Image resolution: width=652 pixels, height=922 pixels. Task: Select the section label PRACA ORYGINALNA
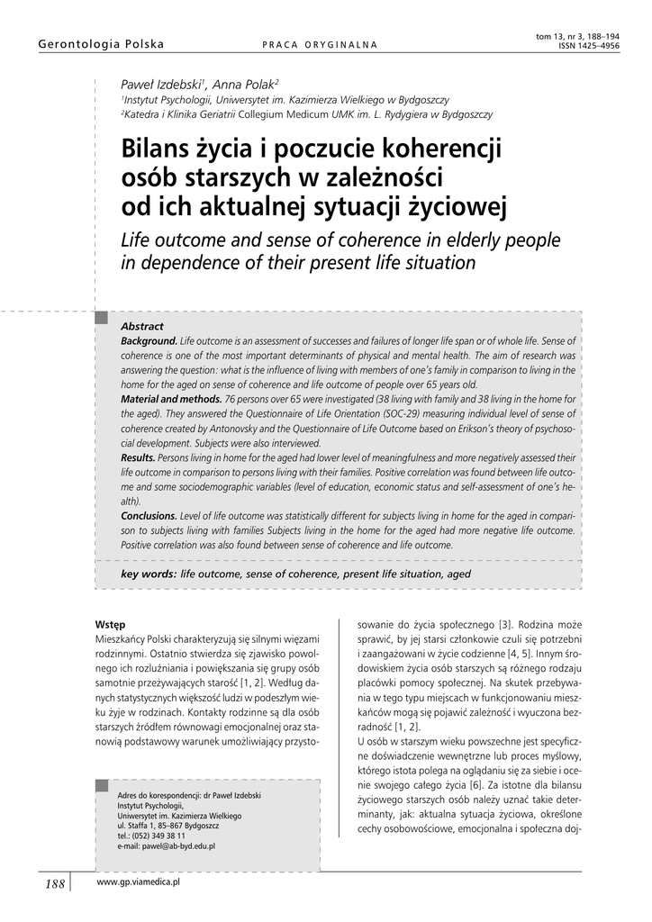coord(320,45)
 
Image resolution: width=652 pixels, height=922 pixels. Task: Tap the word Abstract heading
coord(142,326)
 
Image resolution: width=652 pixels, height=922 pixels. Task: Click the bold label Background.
coord(149,342)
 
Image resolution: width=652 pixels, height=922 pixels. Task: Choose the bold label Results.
coord(139,457)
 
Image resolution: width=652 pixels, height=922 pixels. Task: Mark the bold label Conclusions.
coord(149,516)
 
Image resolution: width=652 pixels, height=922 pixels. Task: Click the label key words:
coord(149,574)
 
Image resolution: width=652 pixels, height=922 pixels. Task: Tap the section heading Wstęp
coord(110,624)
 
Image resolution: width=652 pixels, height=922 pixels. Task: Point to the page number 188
coord(54,885)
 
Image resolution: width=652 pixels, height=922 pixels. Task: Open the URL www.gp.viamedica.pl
coord(139,884)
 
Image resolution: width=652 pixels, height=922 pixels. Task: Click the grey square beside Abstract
coord(103,318)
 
